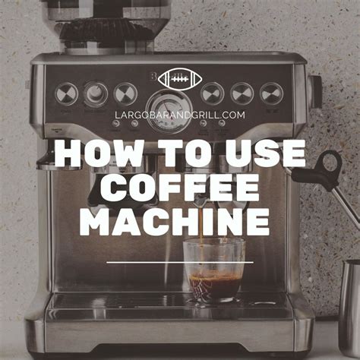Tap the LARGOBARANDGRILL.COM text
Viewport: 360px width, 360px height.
(180, 115)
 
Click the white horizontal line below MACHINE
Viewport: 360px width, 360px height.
(179, 262)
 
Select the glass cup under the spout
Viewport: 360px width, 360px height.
(216, 270)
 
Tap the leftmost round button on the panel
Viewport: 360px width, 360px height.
(66, 93)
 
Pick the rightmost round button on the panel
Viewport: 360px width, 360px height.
(271, 93)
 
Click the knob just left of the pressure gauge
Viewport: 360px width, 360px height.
(125, 93)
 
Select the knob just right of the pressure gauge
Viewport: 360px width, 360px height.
(213, 93)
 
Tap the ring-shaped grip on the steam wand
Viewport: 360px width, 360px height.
(330, 163)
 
